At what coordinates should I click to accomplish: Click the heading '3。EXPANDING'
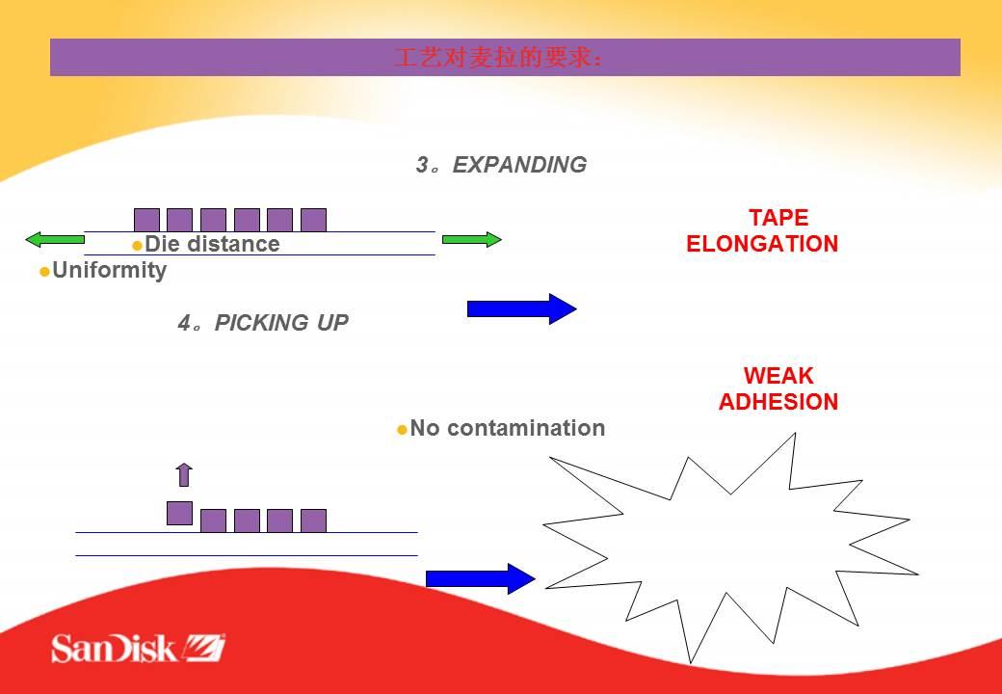pyautogui.click(x=501, y=165)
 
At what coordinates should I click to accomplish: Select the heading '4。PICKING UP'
pyautogui.click(x=263, y=323)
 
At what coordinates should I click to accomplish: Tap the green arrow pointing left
pyautogui.click(x=54, y=239)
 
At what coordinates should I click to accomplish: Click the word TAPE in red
pyautogui.click(x=778, y=218)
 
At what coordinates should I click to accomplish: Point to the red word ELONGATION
pyautogui.click(x=762, y=244)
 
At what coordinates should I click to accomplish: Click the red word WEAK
pyautogui.click(x=778, y=376)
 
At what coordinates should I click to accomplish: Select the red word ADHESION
pyautogui.click(x=778, y=402)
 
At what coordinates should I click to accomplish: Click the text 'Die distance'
pyautogui.click(x=212, y=244)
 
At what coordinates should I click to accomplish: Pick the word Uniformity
pyautogui.click(x=109, y=270)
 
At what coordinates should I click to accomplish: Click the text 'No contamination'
pyautogui.click(x=508, y=428)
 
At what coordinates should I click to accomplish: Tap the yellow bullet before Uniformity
pyautogui.click(x=44, y=272)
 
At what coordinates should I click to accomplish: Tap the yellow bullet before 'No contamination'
pyautogui.click(x=403, y=430)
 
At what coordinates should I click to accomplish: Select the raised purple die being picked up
pyautogui.click(x=179, y=513)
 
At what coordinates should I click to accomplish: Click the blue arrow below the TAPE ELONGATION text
pyautogui.click(x=521, y=308)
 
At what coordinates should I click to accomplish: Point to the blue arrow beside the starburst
pyautogui.click(x=480, y=578)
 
